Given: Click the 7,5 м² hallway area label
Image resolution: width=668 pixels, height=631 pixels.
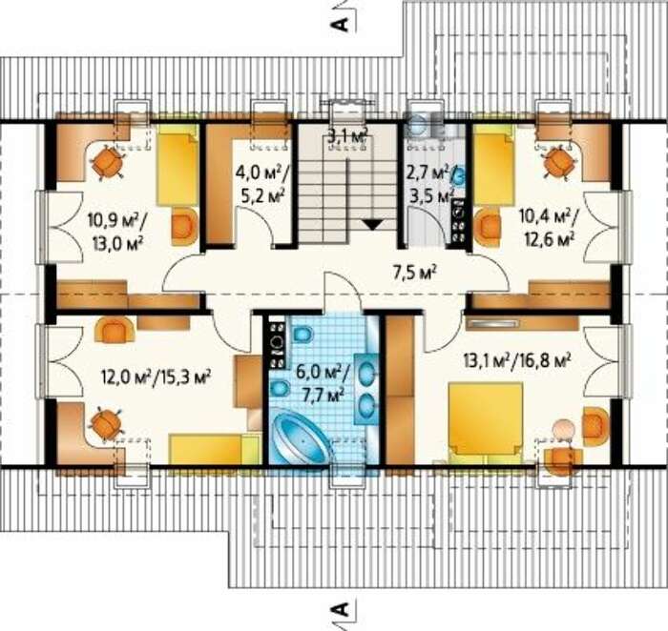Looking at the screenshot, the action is point(415,273).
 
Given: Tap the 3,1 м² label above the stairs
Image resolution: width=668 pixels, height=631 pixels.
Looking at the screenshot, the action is point(348,137).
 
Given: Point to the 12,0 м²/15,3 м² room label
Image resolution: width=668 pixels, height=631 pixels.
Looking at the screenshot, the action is point(157,377).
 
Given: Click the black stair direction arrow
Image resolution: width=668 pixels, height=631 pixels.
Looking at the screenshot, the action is point(373,225).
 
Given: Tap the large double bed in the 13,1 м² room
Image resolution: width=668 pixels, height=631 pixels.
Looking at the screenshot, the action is point(486,419).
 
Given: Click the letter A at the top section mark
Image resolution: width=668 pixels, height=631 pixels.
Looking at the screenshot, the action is point(340,24).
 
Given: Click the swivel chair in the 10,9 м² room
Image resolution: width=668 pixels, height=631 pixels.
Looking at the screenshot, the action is point(108,163).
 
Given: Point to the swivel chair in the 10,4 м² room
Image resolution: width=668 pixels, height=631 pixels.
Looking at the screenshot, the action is point(559,163).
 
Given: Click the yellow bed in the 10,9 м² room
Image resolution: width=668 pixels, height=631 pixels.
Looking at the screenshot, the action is point(177,169).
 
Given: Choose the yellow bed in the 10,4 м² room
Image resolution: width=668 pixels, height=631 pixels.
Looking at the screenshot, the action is point(493,169).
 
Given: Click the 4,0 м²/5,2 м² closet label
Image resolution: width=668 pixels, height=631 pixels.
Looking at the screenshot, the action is point(262,186).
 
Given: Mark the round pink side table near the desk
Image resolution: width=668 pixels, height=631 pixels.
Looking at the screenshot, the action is point(563,428).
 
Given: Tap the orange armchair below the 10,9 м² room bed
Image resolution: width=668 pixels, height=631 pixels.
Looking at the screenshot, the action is point(184,226).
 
